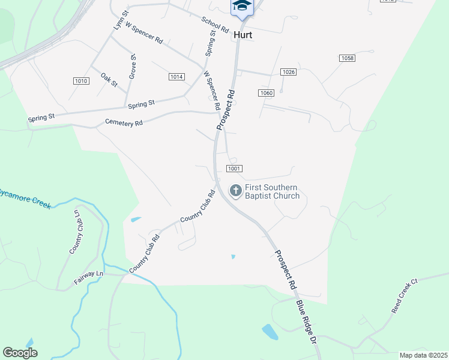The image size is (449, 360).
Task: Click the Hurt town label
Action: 243,35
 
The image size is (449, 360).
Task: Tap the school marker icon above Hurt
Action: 243,6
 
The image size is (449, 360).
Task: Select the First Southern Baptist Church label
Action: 272,191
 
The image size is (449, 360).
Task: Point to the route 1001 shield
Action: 235,169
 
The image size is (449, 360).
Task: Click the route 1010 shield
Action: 81,81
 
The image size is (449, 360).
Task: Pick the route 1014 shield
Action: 176,77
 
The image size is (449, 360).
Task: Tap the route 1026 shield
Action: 288,72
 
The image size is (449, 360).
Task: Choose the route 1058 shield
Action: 347,58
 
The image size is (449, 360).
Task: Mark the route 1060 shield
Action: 267,93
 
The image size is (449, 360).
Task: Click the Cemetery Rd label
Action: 124,122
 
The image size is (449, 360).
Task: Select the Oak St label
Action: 109,79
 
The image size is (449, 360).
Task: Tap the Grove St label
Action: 133,67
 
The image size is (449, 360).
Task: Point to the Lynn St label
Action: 121,20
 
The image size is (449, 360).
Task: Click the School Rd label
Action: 215,24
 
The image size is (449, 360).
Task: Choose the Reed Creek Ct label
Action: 404,296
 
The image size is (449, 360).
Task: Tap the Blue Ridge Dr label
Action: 306,322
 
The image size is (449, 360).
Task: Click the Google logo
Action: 20,352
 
